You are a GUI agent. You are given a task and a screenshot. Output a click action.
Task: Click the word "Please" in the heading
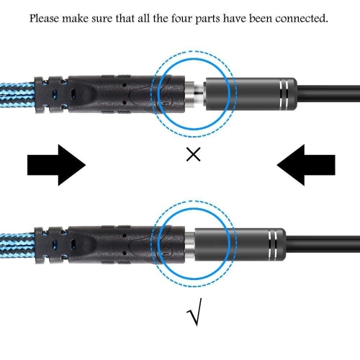pos(47,17)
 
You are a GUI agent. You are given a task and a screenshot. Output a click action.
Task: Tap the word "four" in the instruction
pos(217,17)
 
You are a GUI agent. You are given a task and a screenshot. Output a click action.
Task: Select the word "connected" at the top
pos(303,17)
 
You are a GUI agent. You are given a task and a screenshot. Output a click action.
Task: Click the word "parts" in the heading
pos(248,17)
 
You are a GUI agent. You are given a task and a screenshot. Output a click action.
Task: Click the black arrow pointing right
pos(56,166)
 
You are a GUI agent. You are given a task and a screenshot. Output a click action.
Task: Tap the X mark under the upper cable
pos(193,156)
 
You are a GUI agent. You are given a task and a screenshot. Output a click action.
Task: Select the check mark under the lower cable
pos(194,315)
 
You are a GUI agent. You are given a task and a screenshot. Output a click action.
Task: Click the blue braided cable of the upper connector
pos(18,92)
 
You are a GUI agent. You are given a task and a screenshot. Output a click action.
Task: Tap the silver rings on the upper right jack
pos(282,91)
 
